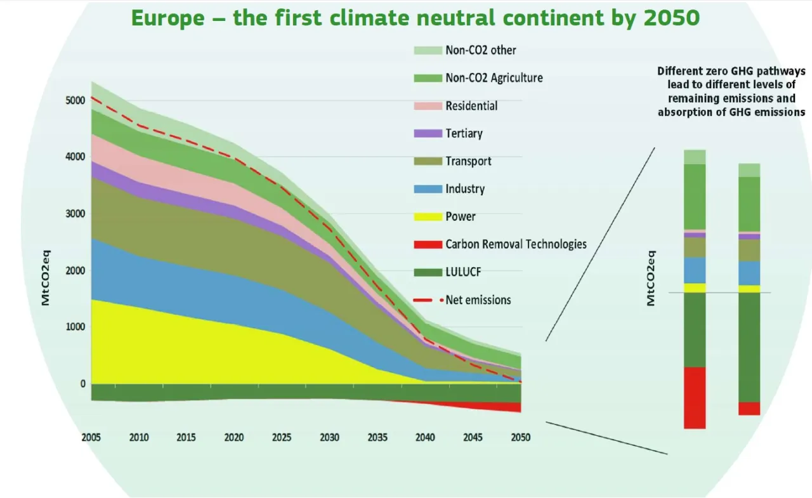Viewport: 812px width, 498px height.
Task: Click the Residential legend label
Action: pyautogui.click(x=471, y=106)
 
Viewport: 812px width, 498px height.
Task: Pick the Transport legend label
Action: pyautogui.click(x=468, y=161)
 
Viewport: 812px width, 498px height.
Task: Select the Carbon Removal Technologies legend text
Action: pyautogui.click(x=516, y=244)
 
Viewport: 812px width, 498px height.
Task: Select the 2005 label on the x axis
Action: pyautogui.click(x=92, y=438)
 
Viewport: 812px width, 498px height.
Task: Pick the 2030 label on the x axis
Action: pyautogui.click(x=330, y=438)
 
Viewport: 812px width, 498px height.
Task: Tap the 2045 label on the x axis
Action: pyautogui.click(x=473, y=438)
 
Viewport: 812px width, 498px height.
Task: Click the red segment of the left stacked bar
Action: pyautogui.click(x=695, y=398)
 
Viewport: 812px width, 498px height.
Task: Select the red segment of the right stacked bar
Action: pyautogui.click(x=749, y=409)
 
